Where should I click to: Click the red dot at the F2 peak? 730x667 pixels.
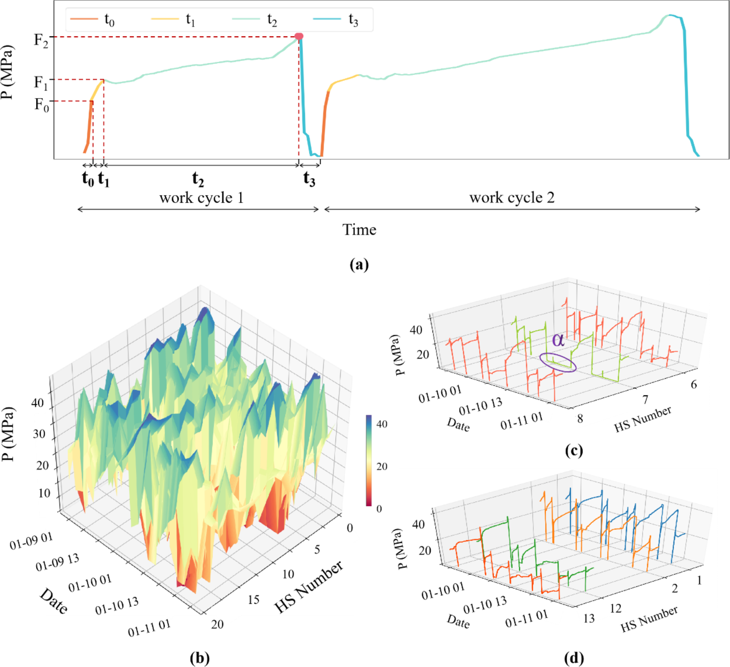point(299,36)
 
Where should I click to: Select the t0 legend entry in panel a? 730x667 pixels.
point(92,19)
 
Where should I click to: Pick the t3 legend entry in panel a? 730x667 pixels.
point(336,19)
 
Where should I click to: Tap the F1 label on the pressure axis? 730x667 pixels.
point(41,83)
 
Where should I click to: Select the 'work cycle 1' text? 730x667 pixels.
point(201,198)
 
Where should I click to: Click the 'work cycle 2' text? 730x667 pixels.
point(512,198)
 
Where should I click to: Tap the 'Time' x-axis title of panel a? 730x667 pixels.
point(359,230)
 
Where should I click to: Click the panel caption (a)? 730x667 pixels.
point(359,265)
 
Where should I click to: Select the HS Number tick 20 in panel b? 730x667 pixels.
point(217,624)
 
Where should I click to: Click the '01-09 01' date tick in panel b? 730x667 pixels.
point(31,541)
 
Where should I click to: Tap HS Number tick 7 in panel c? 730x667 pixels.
point(645,400)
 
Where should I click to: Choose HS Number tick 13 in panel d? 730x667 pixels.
point(589,618)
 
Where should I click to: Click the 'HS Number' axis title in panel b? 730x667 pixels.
point(308,587)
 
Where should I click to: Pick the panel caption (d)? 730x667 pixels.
point(574,658)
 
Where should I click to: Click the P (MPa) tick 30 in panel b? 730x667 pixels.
point(39,434)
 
